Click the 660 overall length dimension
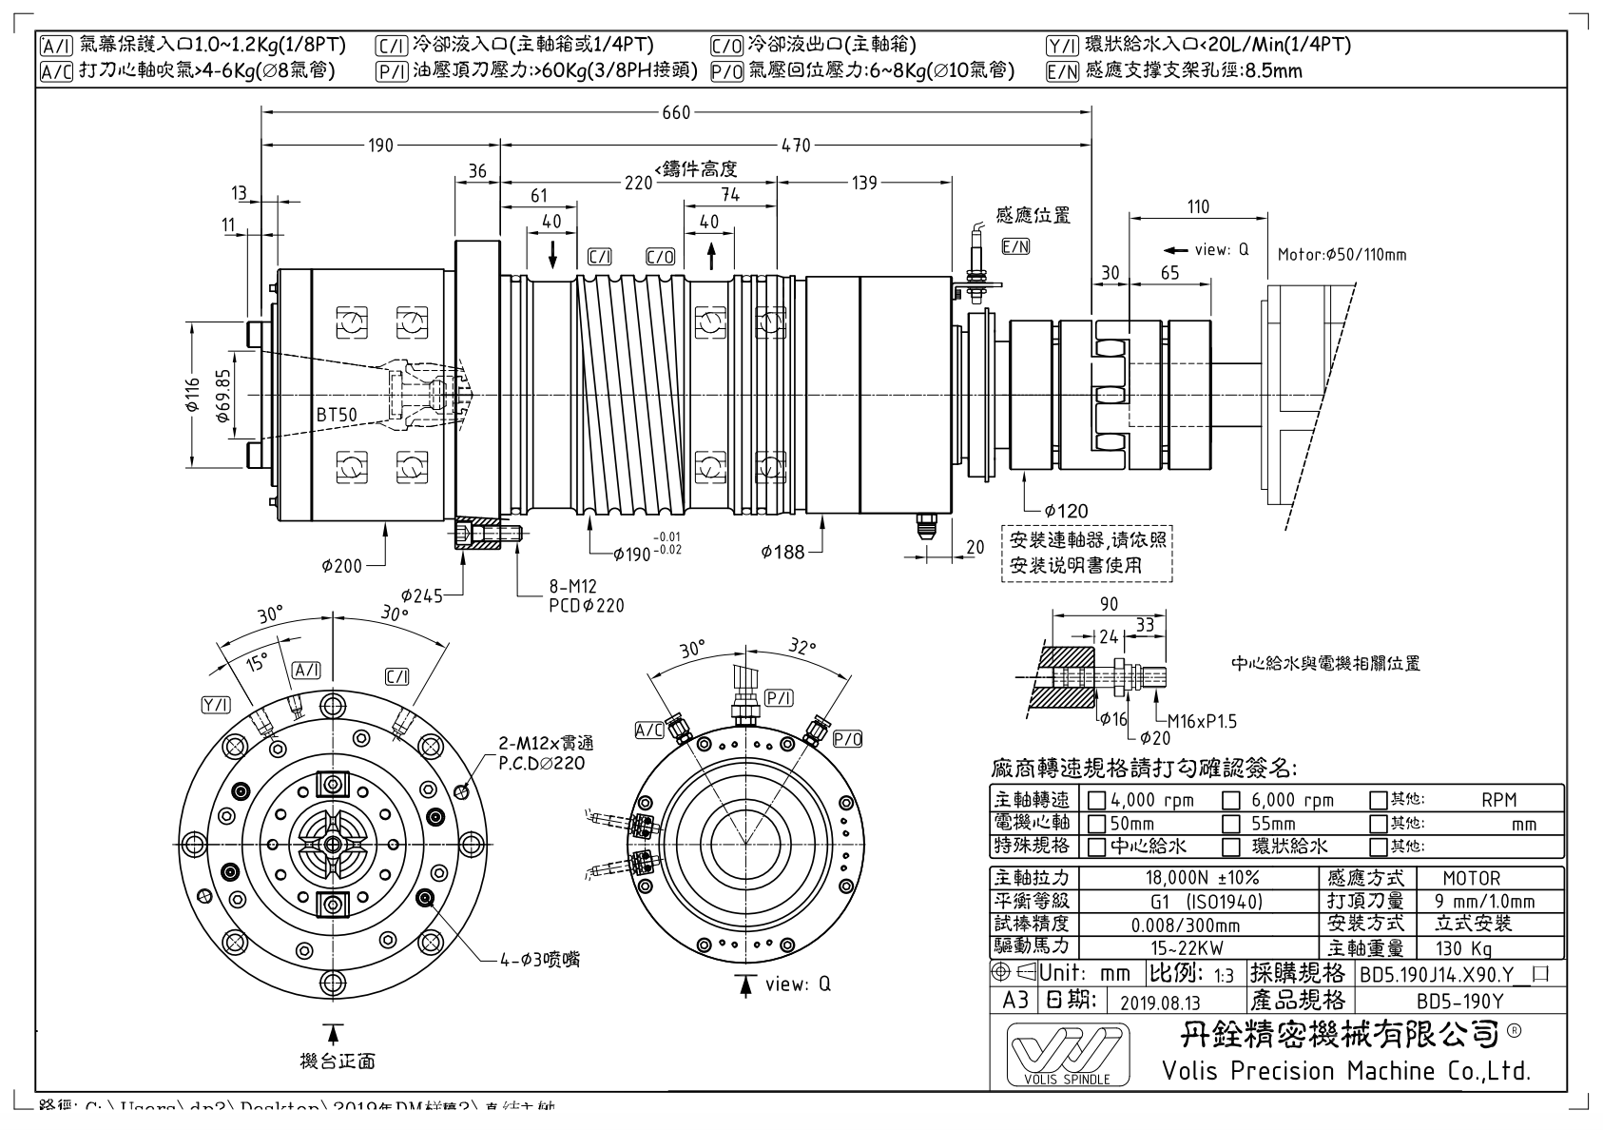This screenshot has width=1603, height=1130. pyautogui.click(x=676, y=113)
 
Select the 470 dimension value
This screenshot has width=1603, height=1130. pyautogui.click(x=796, y=146)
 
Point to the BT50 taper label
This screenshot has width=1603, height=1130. pyautogui.click(x=337, y=415)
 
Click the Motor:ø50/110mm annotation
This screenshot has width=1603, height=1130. pyautogui.click(x=1341, y=255)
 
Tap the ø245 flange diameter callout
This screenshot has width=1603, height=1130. pyautogui.click(x=421, y=596)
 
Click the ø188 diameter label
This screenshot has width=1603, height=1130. pyautogui.click(x=782, y=552)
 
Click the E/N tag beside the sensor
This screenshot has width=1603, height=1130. pyautogui.click(x=1016, y=246)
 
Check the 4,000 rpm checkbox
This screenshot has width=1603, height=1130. pyautogui.click(x=1096, y=801)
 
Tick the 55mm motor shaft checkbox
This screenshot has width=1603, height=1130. pyautogui.click(x=1231, y=824)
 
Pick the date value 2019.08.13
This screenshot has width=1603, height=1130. pyautogui.click(x=1160, y=1002)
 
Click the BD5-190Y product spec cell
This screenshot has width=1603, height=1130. pyautogui.click(x=1459, y=1002)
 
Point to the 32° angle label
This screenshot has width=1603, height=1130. pyautogui.click(x=801, y=648)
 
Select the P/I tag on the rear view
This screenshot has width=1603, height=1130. pyautogui.click(x=779, y=698)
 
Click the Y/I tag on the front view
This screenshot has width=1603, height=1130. pyautogui.click(x=216, y=705)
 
